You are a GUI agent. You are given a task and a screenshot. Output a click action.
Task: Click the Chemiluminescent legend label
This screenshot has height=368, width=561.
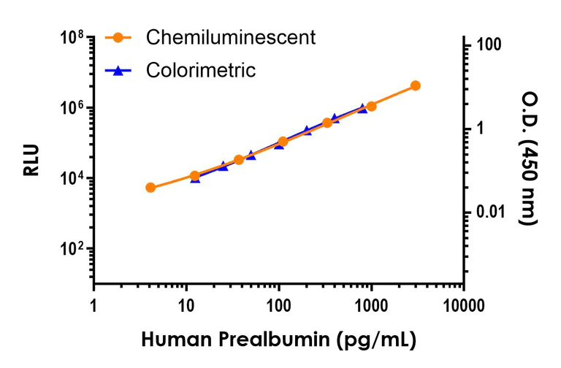[x=230, y=37]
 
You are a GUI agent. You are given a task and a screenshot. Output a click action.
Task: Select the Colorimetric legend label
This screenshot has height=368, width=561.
[x=201, y=70]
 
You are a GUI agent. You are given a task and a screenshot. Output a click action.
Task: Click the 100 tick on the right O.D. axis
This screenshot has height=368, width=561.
[x=489, y=45]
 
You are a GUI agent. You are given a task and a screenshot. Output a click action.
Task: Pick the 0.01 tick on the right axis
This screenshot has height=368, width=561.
[x=492, y=212]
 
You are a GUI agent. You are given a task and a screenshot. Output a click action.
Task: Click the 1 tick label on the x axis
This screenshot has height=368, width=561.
[x=93, y=304]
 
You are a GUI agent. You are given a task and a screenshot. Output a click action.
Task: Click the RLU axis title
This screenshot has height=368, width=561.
[x=31, y=161]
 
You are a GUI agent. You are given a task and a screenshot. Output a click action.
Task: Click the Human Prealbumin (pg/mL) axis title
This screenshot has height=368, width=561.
[x=278, y=340]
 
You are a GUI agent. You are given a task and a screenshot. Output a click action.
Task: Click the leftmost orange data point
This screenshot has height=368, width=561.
[x=150, y=188]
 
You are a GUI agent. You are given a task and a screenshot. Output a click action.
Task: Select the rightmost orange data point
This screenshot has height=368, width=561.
[x=415, y=85]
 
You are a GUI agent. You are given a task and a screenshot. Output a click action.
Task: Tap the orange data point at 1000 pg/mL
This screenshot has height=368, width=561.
[x=371, y=106]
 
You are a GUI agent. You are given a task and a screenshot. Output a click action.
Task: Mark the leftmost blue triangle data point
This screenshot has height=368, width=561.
[x=195, y=178]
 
